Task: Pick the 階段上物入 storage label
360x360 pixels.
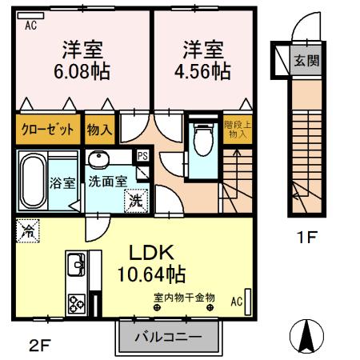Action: (236, 129)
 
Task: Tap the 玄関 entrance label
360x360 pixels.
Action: (303, 60)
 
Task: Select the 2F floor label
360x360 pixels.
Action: (39, 346)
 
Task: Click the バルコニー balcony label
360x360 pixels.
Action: (167, 336)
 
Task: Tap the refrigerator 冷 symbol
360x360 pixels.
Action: (26, 234)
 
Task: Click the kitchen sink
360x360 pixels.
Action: (77, 262)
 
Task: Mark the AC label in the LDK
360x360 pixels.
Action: (237, 302)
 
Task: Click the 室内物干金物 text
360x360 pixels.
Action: (185, 298)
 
